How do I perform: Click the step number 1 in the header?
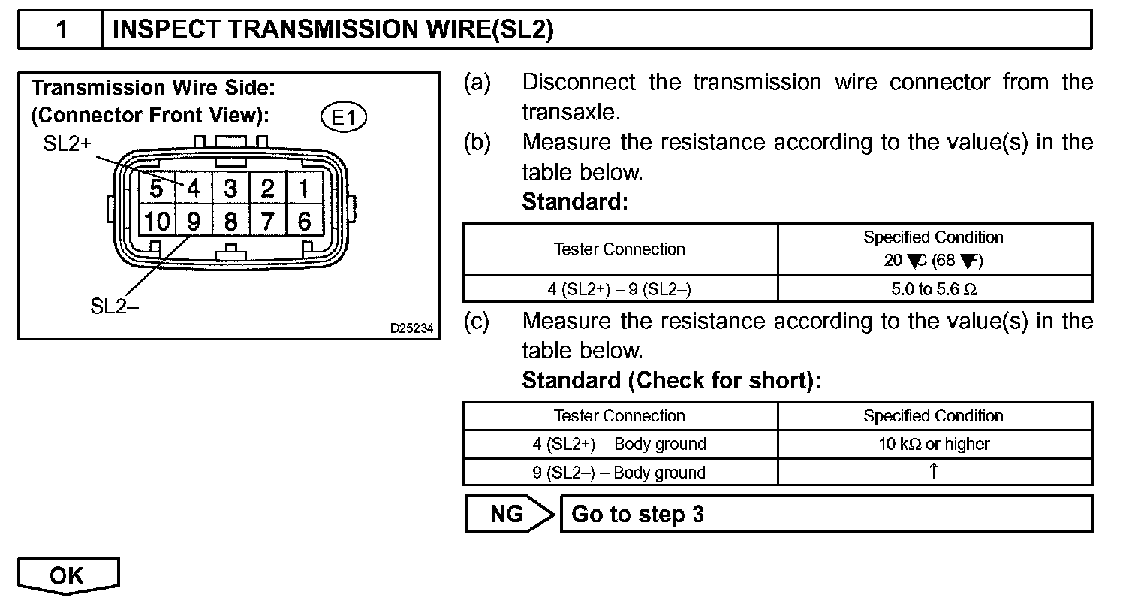pyautogui.click(x=62, y=29)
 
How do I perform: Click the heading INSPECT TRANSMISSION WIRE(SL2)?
pyautogui.click(x=333, y=29)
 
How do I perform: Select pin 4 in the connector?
pyautogui.click(x=194, y=188)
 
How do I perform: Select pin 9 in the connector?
pyautogui.click(x=194, y=222)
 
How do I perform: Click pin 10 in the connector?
pyautogui.click(x=157, y=222)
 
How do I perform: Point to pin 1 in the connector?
pyautogui.click(x=304, y=188)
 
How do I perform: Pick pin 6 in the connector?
pyautogui.click(x=304, y=222)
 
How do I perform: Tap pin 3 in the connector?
pyautogui.click(x=230, y=188)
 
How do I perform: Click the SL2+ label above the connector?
pyautogui.click(x=67, y=143)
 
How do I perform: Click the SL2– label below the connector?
pyautogui.click(x=114, y=306)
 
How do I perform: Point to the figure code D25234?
pyautogui.click(x=411, y=328)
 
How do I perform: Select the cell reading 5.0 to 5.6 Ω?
pyautogui.click(x=934, y=289)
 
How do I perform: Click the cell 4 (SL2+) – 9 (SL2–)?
pyautogui.click(x=619, y=289)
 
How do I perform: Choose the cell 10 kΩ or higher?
pyautogui.click(x=934, y=444)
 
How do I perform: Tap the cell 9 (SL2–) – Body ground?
pyautogui.click(x=619, y=473)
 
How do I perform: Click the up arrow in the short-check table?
pyautogui.click(x=934, y=472)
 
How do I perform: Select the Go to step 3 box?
pyautogui.click(x=826, y=514)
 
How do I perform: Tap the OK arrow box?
pyautogui.click(x=68, y=575)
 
